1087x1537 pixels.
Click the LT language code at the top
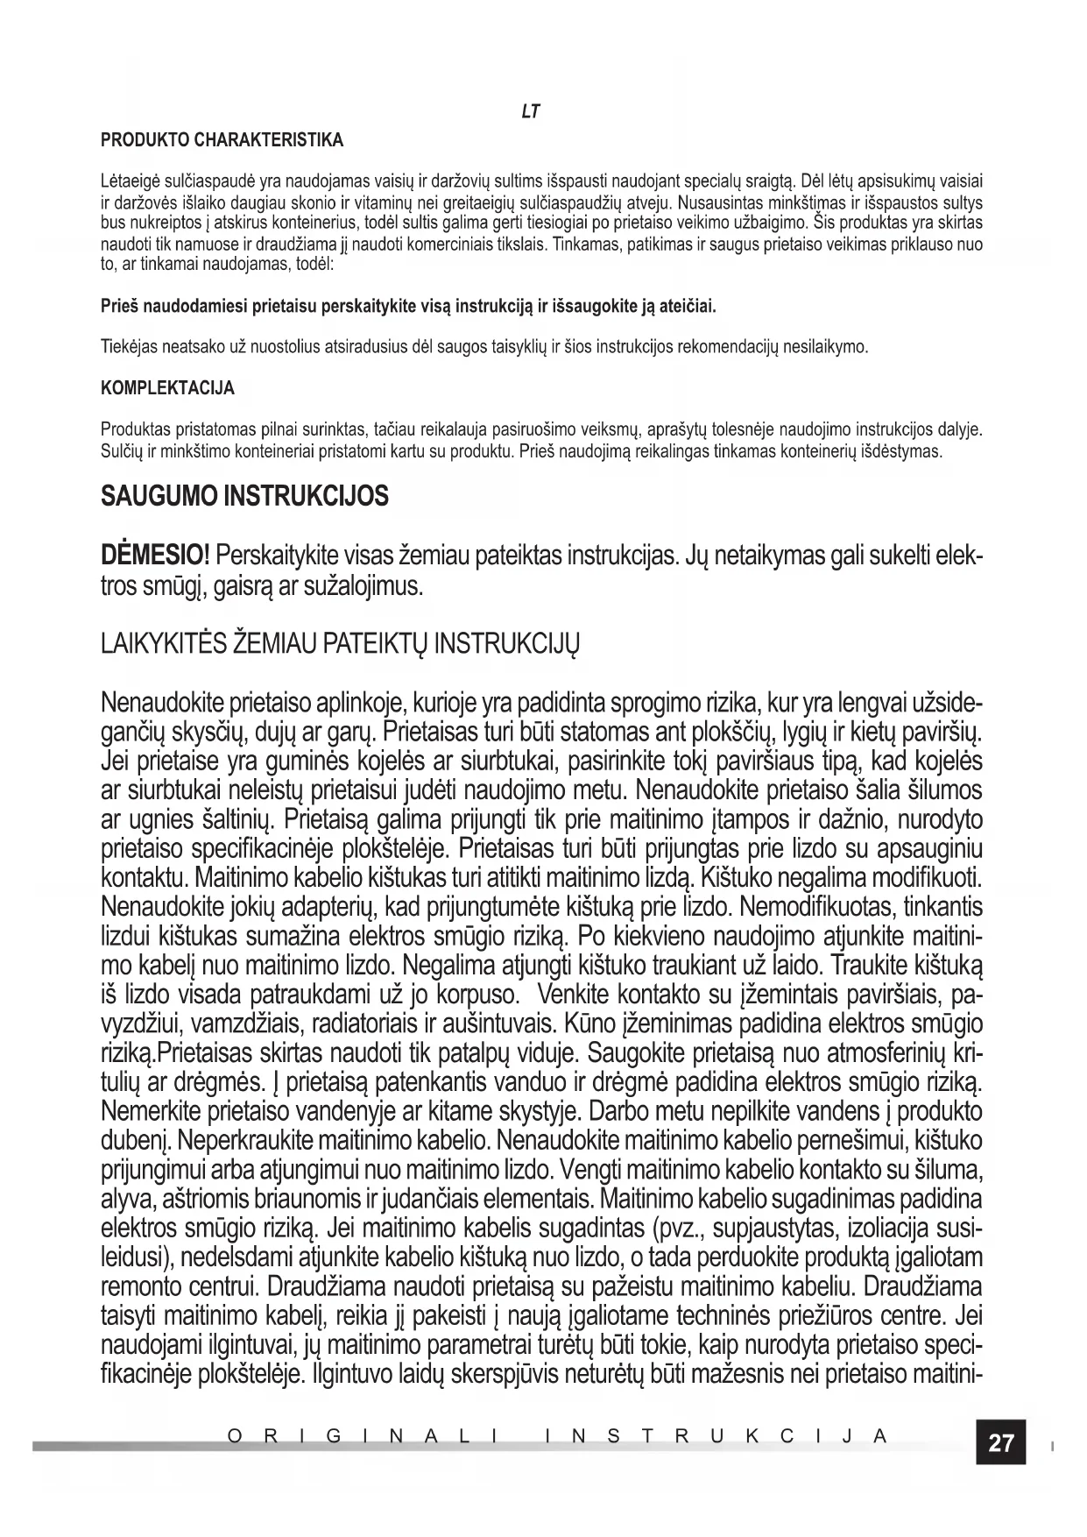[530, 111]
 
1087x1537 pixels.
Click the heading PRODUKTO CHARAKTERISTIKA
[222, 140]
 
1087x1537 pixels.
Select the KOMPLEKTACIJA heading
[168, 388]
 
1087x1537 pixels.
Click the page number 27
[1000, 1443]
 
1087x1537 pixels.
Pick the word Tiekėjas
[130, 347]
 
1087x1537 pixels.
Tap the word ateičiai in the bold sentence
[688, 308]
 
